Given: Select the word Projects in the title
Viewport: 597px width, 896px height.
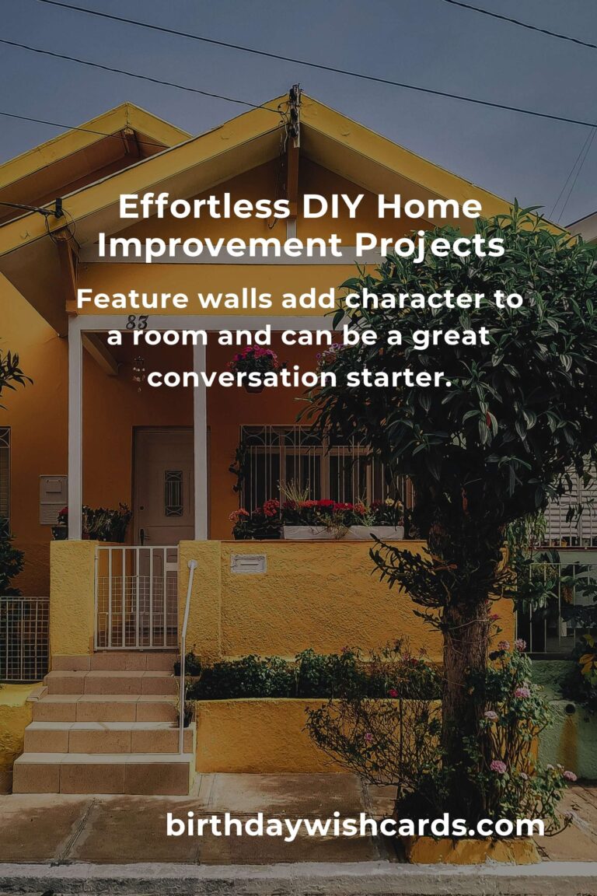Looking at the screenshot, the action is [430, 246].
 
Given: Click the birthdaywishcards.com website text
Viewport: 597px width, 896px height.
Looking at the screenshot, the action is [354, 825].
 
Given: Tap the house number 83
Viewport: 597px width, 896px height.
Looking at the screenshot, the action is [137, 322].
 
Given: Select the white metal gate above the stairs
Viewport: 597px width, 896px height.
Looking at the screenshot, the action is [137, 597].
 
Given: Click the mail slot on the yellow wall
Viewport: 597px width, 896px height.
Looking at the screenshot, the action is [249, 564].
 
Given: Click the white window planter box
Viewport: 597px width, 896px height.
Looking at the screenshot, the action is [343, 533].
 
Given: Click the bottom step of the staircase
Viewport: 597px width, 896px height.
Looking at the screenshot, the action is [103, 774].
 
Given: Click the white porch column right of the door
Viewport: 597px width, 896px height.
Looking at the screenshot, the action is [200, 440].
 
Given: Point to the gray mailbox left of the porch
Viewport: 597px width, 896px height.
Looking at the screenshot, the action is [53, 499].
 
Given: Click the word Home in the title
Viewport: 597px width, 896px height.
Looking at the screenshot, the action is [429, 206].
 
